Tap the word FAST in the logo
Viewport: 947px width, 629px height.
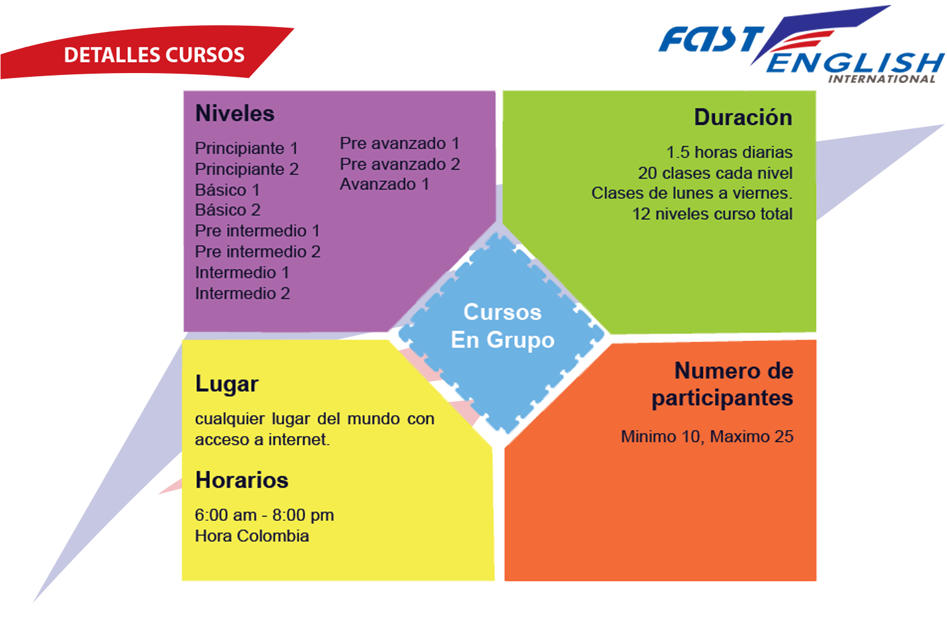(712, 39)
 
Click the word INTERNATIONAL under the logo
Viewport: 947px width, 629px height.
(881, 79)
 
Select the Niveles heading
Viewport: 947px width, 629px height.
(235, 113)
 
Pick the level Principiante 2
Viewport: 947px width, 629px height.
(247, 169)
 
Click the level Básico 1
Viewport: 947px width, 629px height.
(227, 190)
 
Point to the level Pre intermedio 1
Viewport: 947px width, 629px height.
(257, 231)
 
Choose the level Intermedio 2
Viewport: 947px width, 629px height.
(243, 294)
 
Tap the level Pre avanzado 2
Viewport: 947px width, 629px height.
(400, 164)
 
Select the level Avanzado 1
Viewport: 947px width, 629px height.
(384, 184)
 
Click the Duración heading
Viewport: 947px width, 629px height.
(743, 117)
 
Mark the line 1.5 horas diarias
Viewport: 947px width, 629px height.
(729, 152)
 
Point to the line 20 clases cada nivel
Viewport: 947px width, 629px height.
(715, 173)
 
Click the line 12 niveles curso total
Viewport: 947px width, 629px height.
(712, 214)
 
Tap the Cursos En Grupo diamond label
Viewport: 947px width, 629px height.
(502, 326)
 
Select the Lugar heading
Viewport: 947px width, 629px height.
(227, 385)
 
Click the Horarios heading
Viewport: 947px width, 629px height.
(242, 480)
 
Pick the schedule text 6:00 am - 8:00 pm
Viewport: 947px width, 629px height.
(264, 515)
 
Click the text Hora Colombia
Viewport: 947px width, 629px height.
(252, 536)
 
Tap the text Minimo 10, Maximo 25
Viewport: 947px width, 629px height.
(707, 437)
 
